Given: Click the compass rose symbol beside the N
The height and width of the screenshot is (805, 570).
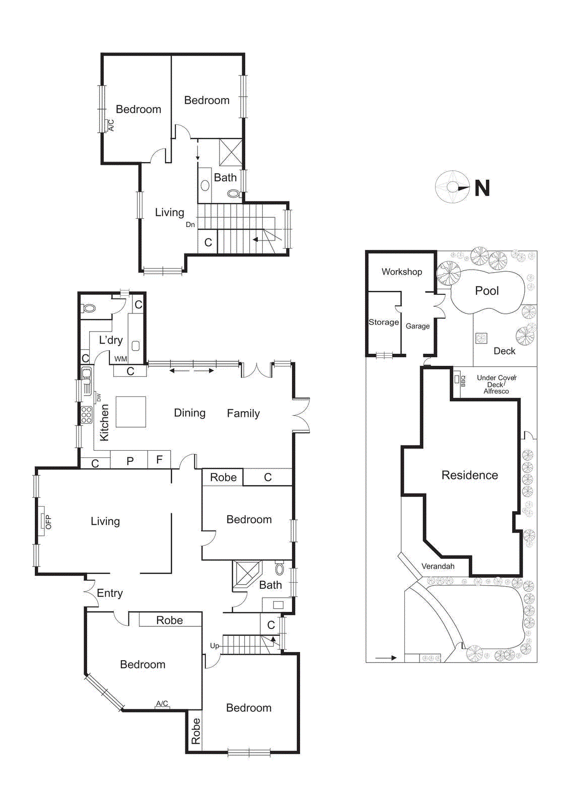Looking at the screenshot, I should [452, 188].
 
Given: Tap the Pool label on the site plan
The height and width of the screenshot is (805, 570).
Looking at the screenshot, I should [486, 291].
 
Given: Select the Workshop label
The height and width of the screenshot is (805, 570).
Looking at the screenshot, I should [401, 272].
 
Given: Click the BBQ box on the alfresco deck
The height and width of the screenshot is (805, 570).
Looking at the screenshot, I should [457, 380].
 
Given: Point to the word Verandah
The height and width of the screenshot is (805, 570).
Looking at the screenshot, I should [438, 566].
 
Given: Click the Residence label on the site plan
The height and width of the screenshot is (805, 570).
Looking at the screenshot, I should [469, 475].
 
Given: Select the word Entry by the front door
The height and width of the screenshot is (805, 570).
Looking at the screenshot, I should [109, 593].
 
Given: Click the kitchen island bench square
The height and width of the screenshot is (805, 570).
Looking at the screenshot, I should [131, 412].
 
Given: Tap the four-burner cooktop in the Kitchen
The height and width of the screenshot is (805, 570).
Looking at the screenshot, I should [87, 415].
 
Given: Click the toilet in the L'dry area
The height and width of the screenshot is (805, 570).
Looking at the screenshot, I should [89, 308].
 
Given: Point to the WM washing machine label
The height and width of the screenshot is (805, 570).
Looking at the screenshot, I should [120, 359].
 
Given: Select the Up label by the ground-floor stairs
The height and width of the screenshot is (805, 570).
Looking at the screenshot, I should [215, 646].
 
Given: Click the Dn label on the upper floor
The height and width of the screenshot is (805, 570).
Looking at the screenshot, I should [190, 224].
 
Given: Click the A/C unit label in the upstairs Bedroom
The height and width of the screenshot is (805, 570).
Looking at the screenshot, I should [111, 125].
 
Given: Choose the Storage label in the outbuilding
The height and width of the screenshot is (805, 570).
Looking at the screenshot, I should [383, 322].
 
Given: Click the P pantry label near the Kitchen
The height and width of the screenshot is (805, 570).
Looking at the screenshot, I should [130, 461].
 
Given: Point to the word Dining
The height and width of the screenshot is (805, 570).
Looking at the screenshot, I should [189, 413].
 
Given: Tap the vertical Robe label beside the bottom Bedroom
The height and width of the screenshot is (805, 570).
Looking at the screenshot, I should [195, 732].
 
